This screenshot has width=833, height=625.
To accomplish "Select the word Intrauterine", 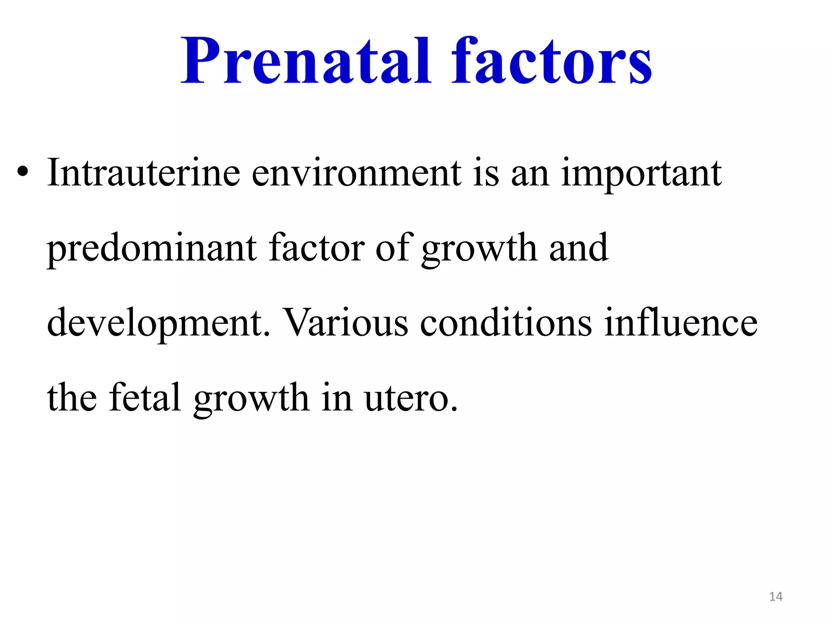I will pyautogui.click(x=144, y=173).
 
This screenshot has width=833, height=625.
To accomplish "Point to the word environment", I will pyautogui.click(x=357, y=173).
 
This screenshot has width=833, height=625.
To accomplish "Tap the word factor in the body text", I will pyautogui.click(x=316, y=247).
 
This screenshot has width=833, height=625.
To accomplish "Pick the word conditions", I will pyautogui.click(x=506, y=323).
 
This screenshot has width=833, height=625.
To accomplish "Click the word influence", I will pyautogui.click(x=680, y=323).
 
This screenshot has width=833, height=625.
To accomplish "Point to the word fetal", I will pyautogui.click(x=144, y=397).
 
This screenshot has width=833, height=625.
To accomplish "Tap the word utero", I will pyautogui.click(x=411, y=398).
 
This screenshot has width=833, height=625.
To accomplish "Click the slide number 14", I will pyautogui.click(x=776, y=597).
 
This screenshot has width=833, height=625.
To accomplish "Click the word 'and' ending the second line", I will pyautogui.click(x=578, y=247).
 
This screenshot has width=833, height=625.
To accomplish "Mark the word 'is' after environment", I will pyautogui.click(x=486, y=173).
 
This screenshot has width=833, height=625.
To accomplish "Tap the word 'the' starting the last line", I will pyautogui.click(x=72, y=397).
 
